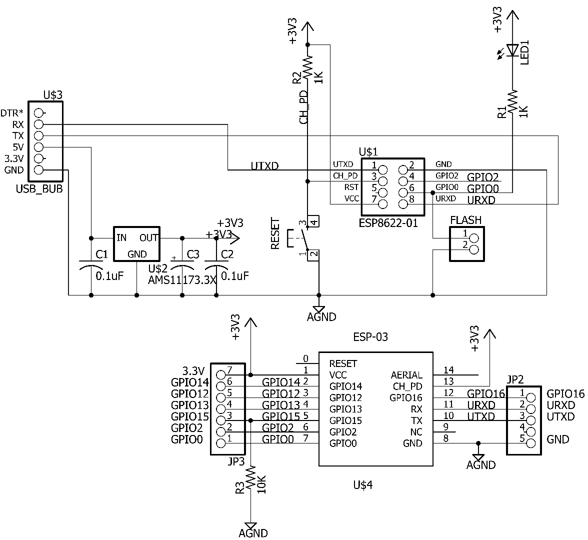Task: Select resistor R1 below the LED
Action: coord(512,102)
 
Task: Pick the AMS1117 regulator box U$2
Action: coord(136,243)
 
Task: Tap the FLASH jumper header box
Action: coord(467,243)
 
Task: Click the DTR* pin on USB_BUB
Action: coord(39,113)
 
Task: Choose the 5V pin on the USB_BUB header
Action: coord(39,147)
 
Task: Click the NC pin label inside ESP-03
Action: coord(415,432)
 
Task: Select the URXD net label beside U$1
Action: coord(480,200)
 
